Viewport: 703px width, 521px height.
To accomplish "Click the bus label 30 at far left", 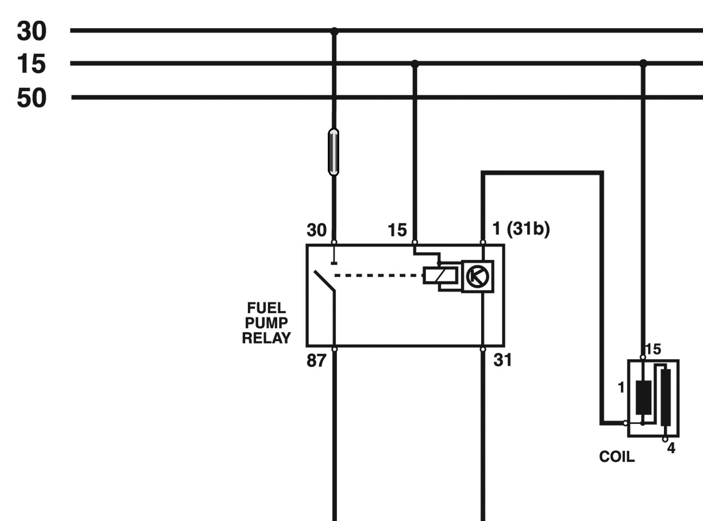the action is pos(32,31).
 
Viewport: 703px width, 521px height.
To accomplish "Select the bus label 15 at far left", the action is pos(31,64).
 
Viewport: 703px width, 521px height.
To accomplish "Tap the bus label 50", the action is pos(32,98).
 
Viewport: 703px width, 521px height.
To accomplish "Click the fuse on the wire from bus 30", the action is pos(333,152).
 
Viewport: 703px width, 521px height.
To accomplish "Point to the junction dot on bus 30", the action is pos(334,31).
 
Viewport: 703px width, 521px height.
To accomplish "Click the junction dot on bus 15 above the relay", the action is pos(415,64).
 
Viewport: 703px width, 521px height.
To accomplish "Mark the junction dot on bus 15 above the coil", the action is pos(643,63).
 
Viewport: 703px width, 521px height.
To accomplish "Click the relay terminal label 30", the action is pos(316,230).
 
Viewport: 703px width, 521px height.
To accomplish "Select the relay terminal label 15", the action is pos(397,230).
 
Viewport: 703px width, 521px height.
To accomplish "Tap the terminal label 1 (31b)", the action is pos(521,229).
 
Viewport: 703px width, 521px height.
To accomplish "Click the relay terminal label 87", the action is pos(316,361).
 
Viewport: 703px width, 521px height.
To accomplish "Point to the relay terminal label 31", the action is pos(502,360).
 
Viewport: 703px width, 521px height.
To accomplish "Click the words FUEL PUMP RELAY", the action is pos(266,323).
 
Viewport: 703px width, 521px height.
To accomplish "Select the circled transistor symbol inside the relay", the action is pos(477,277).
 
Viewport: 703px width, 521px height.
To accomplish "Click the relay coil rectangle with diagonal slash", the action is pos(441,275).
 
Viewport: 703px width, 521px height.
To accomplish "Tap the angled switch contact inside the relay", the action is pos(324,281).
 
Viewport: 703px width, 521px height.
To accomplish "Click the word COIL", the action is pos(617,457).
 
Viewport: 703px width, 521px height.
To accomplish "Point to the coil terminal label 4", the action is pos(671,448).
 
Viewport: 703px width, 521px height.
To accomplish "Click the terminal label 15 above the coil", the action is pos(653,349).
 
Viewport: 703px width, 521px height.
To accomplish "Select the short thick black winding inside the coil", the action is pos(643,397).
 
